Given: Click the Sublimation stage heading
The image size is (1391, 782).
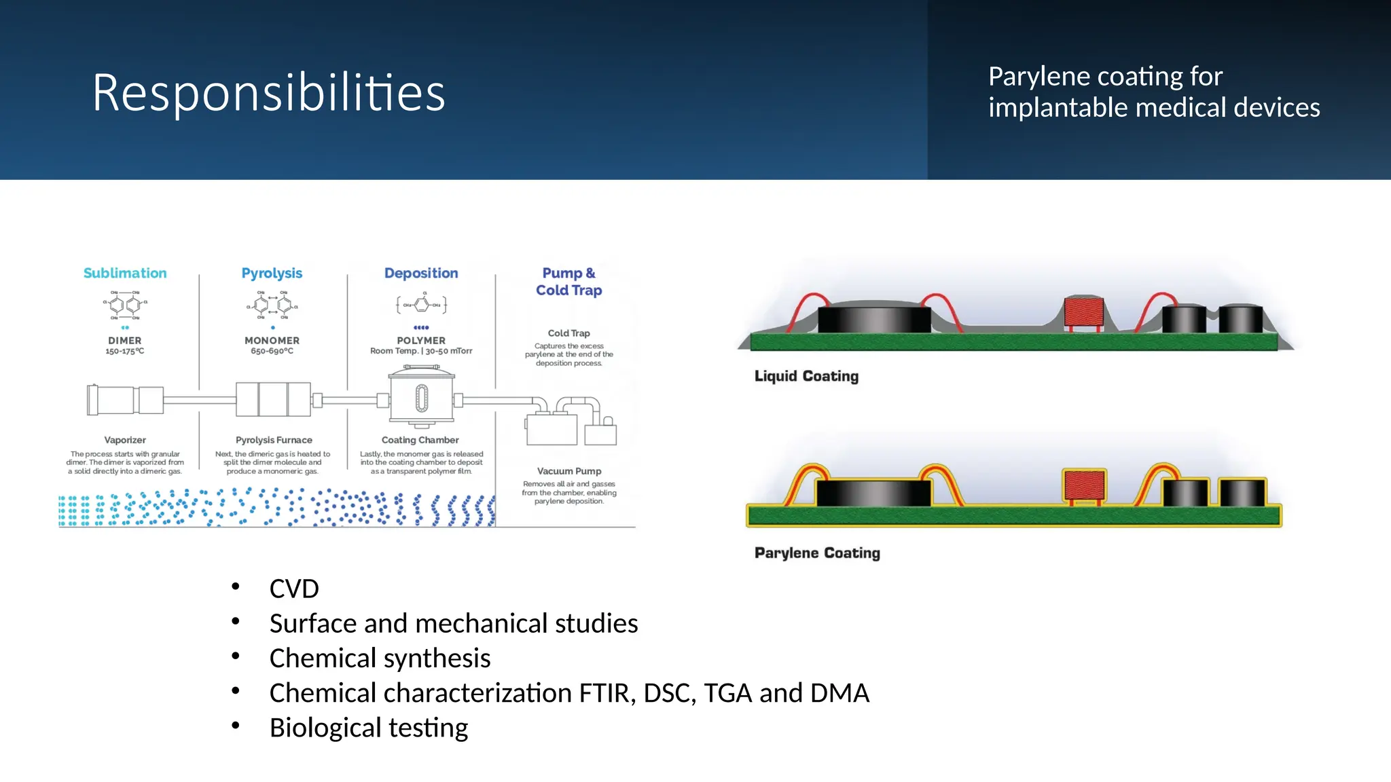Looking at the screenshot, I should point(125,273).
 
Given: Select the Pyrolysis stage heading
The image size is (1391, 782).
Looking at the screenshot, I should point(272,273).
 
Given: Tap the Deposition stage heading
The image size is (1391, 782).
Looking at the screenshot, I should point(421,273).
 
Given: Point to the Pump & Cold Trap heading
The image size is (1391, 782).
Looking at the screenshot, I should point(569,281).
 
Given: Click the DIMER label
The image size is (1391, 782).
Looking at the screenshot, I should point(125,341).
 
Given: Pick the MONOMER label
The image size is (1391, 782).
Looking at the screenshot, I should point(272,341).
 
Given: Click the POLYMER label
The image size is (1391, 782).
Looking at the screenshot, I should point(421,341).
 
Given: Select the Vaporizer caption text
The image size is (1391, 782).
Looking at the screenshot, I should point(125,440).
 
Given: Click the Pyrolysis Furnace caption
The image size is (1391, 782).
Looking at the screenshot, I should point(274,440).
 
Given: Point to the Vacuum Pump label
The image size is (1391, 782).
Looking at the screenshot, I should point(569,471).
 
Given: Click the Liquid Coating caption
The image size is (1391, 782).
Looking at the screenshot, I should point(806,376).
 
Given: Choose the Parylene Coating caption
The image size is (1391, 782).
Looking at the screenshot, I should point(817,553).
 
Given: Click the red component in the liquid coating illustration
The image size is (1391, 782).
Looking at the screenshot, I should point(1083,312).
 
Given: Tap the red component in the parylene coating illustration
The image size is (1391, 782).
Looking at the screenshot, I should point(1085,485).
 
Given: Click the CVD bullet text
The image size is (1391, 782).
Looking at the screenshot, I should point(294,589).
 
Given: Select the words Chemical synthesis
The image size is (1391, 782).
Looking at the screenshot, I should point(380,658).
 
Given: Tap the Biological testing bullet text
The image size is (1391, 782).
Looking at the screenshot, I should point(368,728).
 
